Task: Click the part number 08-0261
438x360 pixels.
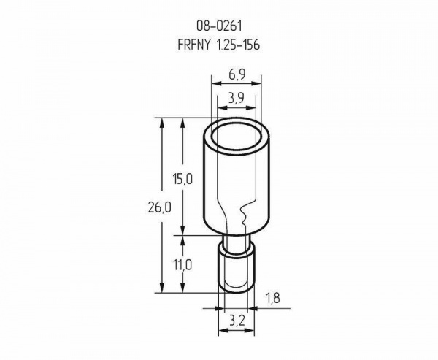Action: pos(219,26)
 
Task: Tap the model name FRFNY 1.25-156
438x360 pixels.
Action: pos(219,45)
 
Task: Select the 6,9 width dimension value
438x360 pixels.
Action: pos(237,75)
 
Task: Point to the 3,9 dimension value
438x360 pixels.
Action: pos(237,99)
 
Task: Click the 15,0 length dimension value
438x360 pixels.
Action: pos(182,179)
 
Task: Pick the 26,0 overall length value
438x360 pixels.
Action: pos(159,207)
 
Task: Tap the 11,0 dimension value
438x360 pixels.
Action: pos(182,264)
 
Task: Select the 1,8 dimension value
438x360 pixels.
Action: pos(272,299)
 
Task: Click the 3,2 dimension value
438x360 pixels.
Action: pos(237,321)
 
